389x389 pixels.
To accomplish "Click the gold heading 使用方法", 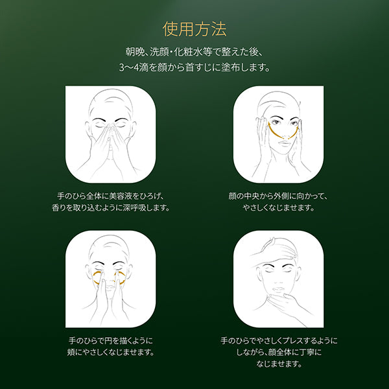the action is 194,29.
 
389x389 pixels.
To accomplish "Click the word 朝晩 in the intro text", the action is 134,53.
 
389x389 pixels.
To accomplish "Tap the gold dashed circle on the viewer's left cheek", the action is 99,278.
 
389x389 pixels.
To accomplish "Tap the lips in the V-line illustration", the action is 285,143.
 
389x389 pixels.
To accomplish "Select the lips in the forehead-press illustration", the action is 279,290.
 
